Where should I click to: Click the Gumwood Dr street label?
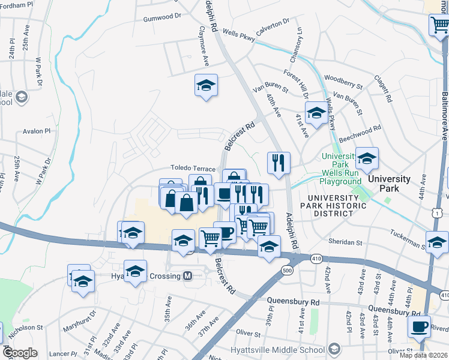[x=161, y=18]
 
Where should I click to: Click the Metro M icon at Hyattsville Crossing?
[x=187, y=276]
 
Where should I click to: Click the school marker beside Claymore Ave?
[x=206, y=86]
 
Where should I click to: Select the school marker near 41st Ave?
[x=316, y=113]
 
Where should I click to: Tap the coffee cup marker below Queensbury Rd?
[x=420, y=328]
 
